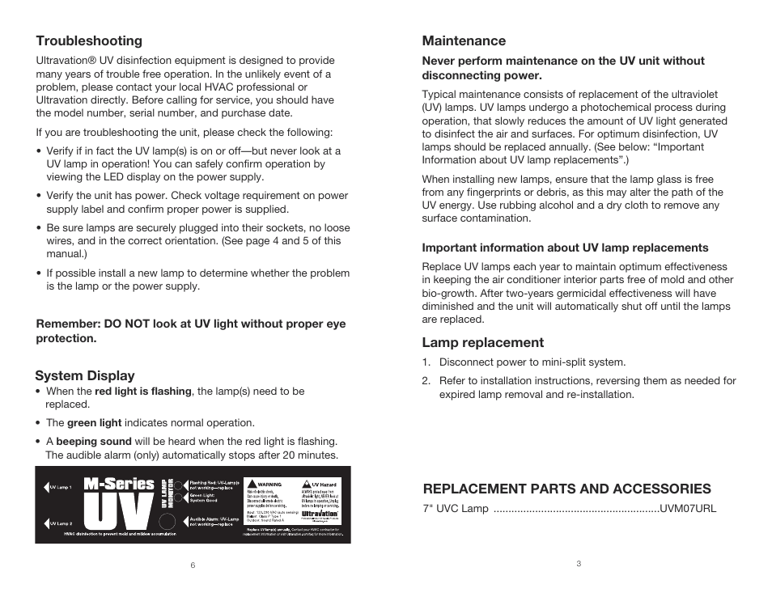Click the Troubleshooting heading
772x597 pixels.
point(89,41)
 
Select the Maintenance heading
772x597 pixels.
point(464,41)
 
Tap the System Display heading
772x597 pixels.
point(85,375)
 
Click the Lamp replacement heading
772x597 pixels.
point(483,342)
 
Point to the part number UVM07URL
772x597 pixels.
point(688,509)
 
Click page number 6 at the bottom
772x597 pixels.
point(193,565)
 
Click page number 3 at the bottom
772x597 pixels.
point(579,564)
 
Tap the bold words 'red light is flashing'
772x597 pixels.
point(143,392)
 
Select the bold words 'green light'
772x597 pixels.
point(94,423)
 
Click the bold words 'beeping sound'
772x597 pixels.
point(93,442)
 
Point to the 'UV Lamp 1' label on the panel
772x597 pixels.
point(61,488)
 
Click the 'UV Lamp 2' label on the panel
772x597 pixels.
point(61,524)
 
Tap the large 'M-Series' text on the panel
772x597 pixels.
point(119,484)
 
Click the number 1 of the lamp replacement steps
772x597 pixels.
point(425,362)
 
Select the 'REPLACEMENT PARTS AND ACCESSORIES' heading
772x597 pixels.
point(566,489)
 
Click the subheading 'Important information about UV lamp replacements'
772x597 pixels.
point(565,248)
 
